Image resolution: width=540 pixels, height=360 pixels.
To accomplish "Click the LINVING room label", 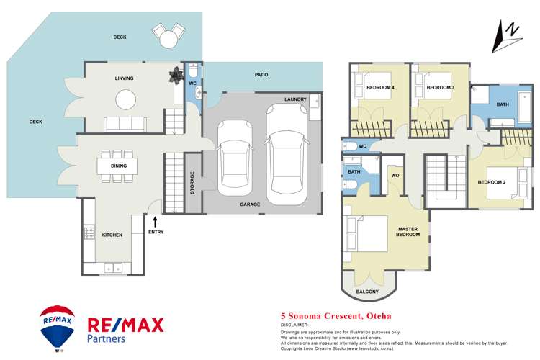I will [x=124, y=78].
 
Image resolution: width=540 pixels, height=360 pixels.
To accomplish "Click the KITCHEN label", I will [x=112, y=235].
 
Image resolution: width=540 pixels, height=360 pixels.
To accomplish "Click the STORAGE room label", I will [x=192, y=183].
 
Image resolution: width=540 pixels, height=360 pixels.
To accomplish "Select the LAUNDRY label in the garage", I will [x=295, y=99].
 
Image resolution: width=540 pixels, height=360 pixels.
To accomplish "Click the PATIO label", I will [x=261, y=74].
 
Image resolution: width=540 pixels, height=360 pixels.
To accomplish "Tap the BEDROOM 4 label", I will [x=379, y=88].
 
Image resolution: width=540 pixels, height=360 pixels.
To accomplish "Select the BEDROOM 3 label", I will [x=439, y=88].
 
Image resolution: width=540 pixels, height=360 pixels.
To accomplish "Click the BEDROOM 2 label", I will [x=492, y=182].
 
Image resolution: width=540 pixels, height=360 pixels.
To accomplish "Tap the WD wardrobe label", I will [x=395, y=175].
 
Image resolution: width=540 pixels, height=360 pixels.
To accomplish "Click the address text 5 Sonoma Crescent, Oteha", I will [x=324, y=315].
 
